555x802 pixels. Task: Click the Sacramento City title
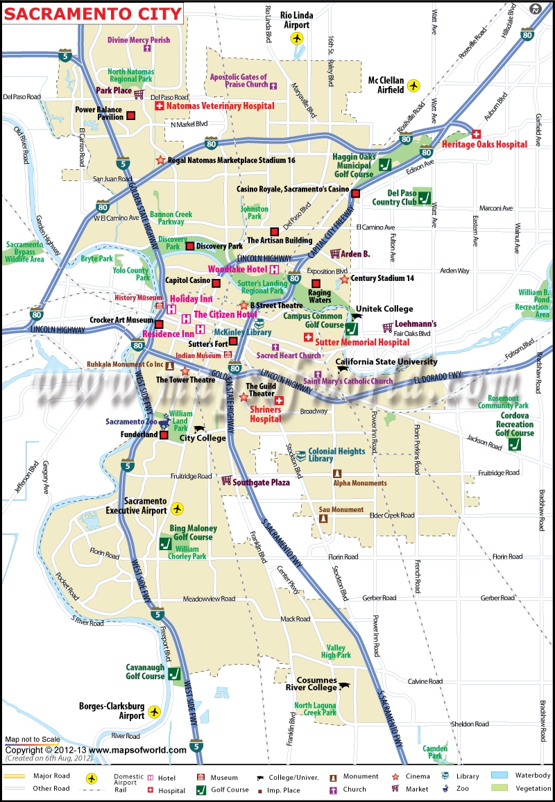tap(93, 13)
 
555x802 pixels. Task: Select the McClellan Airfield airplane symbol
tap(414, 85)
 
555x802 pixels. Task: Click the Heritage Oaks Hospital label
tap(484, 144)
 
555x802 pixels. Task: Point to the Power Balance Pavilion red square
tap(130, 117)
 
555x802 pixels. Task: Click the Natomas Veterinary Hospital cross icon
tap(158, 106)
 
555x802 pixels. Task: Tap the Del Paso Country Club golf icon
tap(423, 196)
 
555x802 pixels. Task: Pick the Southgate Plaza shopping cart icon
tap(225, 480)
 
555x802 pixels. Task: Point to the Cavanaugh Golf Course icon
tap(174, 672)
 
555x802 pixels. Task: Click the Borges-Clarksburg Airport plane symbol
tap(154, 711)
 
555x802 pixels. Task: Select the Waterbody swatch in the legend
tap(500, 776)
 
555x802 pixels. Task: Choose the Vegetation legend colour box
tap(500, 789)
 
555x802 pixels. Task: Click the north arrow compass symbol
tap(535, 10)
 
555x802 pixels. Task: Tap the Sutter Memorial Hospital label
tap(362, 342)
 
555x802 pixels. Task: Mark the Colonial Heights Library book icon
tap(300, 456)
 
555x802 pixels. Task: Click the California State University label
tap(386, 361)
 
